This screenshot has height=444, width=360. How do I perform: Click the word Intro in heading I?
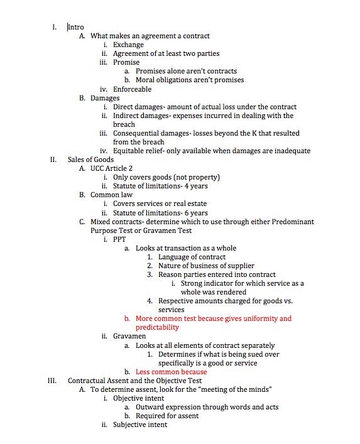[76, 27]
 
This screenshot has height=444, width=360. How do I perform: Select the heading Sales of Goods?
[90, 160]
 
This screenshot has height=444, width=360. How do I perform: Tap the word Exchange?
[128, 45]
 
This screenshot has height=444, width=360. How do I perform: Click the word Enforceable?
[132, 89]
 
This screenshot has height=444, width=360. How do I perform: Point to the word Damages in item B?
[105, 98]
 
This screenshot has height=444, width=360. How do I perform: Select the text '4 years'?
[196, 186]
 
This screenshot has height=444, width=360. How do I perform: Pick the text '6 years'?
[196, 213]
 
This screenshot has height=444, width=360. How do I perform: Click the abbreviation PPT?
[119, 239]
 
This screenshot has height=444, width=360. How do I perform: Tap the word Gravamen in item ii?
[129, 336]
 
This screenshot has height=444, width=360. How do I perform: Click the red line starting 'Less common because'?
[171, 372]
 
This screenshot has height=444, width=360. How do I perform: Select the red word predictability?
[157, 327]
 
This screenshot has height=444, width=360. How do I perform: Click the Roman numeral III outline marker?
[53, 381]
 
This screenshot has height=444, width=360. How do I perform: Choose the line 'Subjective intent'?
[140, 425]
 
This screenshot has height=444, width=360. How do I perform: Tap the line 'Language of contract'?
[192, 257]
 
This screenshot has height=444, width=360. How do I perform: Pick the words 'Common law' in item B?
[111, 195]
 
